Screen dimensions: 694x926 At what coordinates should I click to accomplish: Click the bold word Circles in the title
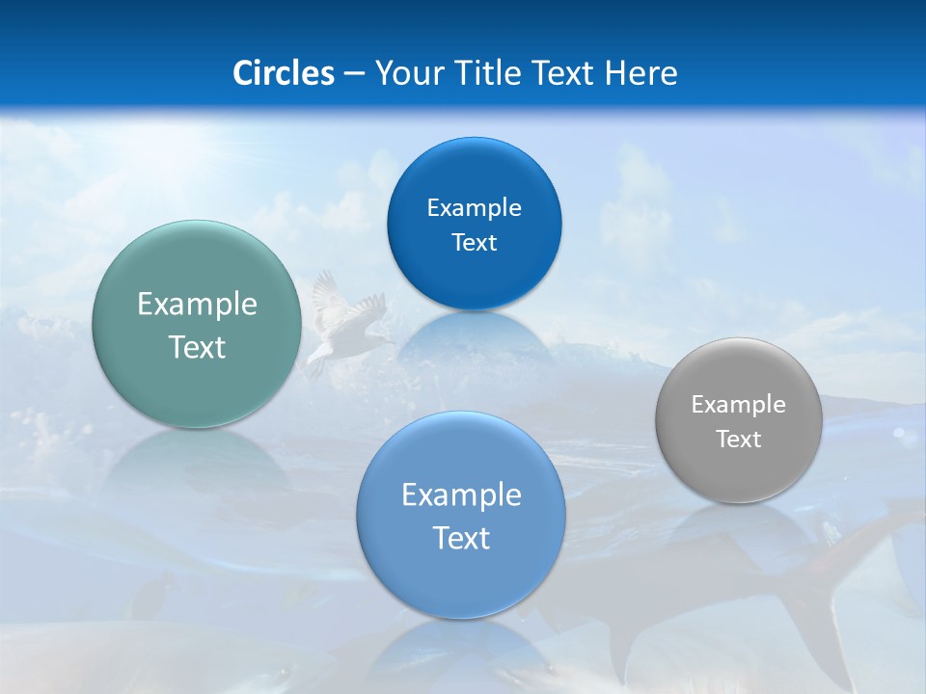tap(284, 73)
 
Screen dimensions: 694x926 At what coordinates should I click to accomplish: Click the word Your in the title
tap(410, 73)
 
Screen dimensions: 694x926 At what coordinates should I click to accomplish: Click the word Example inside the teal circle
tap(197, 305)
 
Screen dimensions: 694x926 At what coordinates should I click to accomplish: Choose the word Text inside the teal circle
tap(197, 347)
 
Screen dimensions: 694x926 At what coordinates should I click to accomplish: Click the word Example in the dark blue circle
tap(474, 208)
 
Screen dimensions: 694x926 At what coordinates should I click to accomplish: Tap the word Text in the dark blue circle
tap(474, 243)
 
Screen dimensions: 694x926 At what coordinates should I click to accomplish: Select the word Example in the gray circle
tap(739, 405)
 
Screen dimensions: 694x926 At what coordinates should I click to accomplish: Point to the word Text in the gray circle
tap(739, 440)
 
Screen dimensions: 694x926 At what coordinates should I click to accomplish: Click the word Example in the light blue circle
tap(461, 495)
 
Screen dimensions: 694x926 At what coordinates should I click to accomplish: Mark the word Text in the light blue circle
tap(461, 538)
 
